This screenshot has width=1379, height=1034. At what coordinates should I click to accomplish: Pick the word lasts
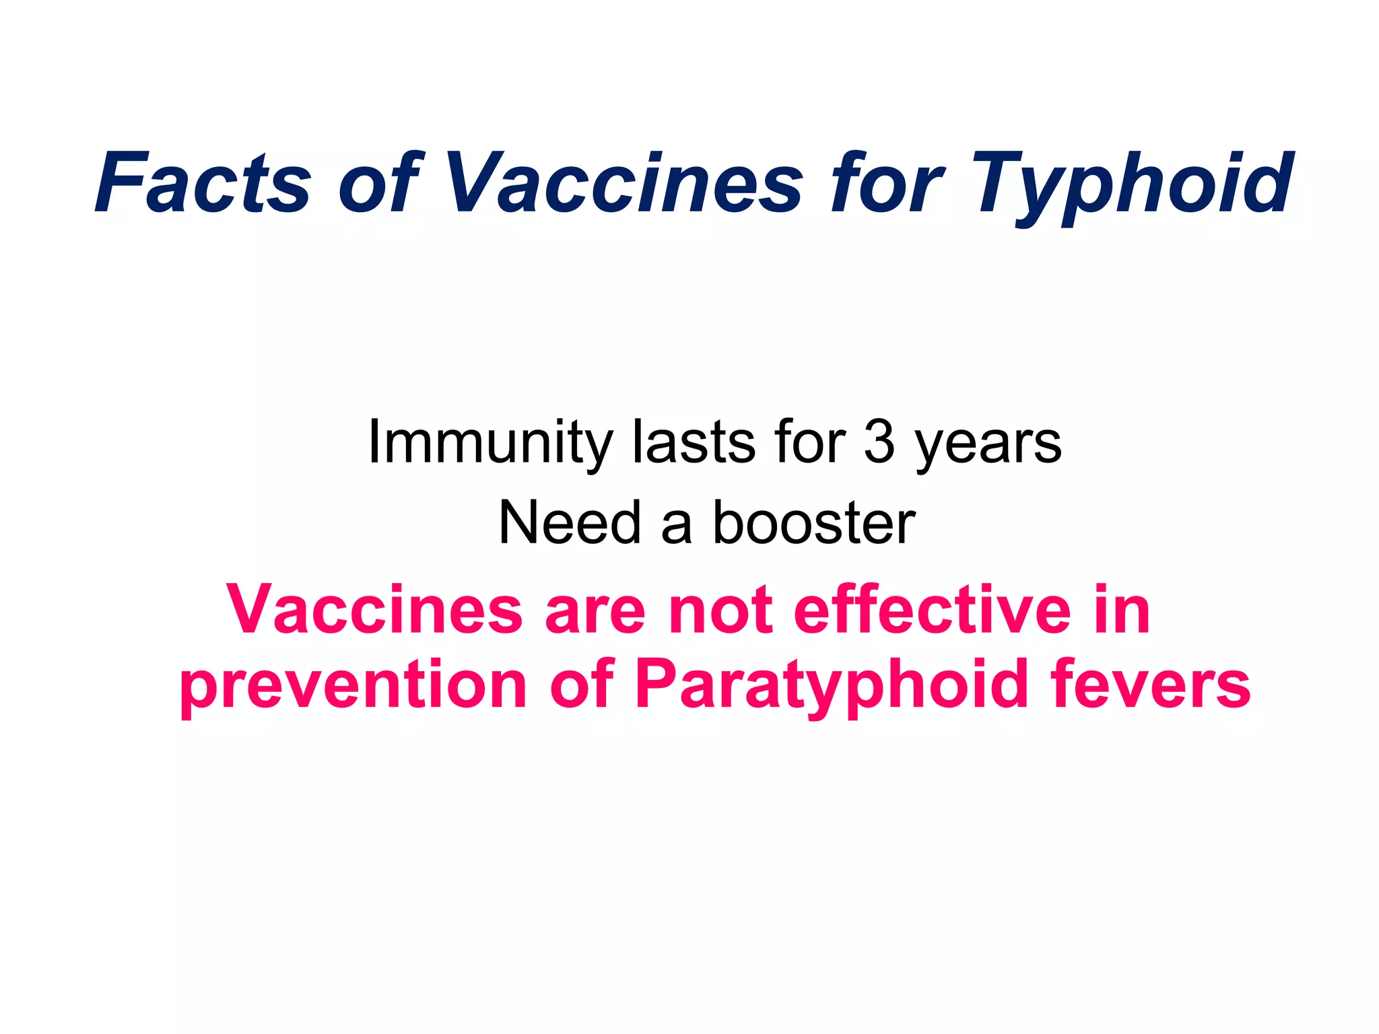click(x=694, y=443)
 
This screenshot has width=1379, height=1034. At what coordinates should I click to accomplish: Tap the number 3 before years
click(x=879, y=443)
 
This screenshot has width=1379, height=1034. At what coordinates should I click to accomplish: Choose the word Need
click(x=569, y=524)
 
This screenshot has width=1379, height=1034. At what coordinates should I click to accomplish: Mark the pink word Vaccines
click(x=374, y=610)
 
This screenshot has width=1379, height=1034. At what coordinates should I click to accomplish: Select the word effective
click(x=932, y=610)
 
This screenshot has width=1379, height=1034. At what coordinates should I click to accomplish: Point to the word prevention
click(x=353, y=687)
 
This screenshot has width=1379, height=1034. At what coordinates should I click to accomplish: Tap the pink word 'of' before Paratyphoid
click(x=582, y=687)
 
